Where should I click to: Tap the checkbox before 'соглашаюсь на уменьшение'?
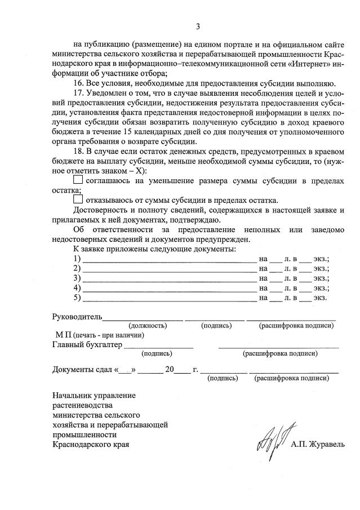[x=78, y=180]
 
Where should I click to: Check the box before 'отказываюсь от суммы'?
[x=78, y=200]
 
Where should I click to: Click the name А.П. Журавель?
[x=317, y=445]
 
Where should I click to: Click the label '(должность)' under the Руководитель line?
[x=148, y=326]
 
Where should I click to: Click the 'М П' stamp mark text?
[x=62, y=335]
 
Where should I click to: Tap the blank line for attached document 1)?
[x=169, y=260]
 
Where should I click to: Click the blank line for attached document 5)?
[x=169, y=298]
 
